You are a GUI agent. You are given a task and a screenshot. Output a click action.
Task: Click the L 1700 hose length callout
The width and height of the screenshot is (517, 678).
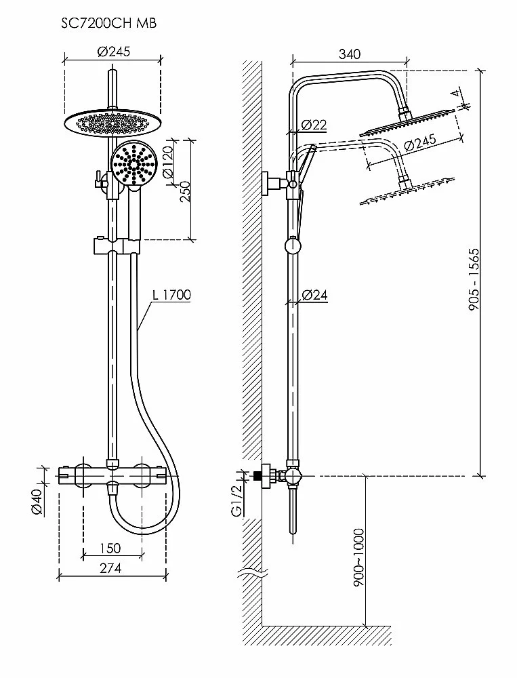[172, 294]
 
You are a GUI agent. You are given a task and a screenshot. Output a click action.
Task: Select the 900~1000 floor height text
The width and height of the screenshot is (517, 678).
[358, 557]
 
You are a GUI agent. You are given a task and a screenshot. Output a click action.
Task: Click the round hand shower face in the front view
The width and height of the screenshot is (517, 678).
[134, 163]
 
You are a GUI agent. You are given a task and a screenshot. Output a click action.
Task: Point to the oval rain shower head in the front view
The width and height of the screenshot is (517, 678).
[112, 123]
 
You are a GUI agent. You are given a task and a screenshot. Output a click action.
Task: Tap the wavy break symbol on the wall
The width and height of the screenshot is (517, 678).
[253, 576]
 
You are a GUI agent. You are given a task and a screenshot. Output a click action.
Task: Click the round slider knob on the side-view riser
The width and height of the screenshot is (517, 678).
[293, 245]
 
